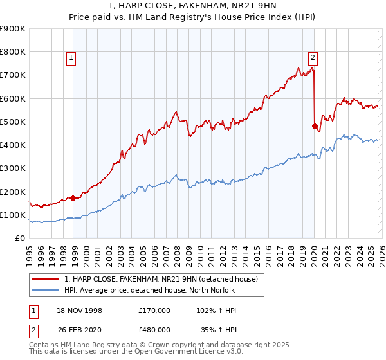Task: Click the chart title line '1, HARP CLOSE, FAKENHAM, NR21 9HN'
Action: pos(192,7)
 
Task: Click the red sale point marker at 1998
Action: pos(73,198)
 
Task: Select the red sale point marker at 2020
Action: pos(315,126)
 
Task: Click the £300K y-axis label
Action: pos(14,168)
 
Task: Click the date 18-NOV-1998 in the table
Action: pos(79,310)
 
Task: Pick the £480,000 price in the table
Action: pos(154,329)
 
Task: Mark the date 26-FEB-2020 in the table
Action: pos(79,329)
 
